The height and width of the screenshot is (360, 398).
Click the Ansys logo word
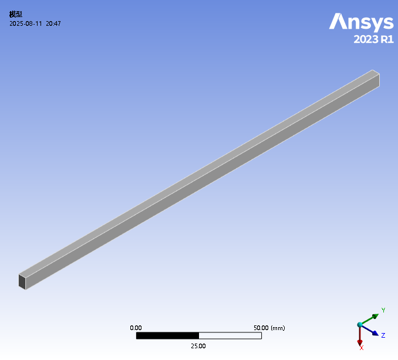coord(361,22)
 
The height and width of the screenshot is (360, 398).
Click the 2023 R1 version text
coord(373,39)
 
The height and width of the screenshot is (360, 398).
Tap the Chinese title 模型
coord(16,14)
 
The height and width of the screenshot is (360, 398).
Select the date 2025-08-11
coord(26,23)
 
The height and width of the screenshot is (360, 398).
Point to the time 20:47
coord(53,23)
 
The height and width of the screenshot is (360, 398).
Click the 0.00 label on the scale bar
coord(136,328)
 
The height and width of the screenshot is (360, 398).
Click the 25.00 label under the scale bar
coord(198,346)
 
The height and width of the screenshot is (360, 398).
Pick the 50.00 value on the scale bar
coord(261,328)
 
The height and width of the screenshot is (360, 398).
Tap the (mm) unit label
coord(278,328)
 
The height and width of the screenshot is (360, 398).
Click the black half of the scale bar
coord(167,335)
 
